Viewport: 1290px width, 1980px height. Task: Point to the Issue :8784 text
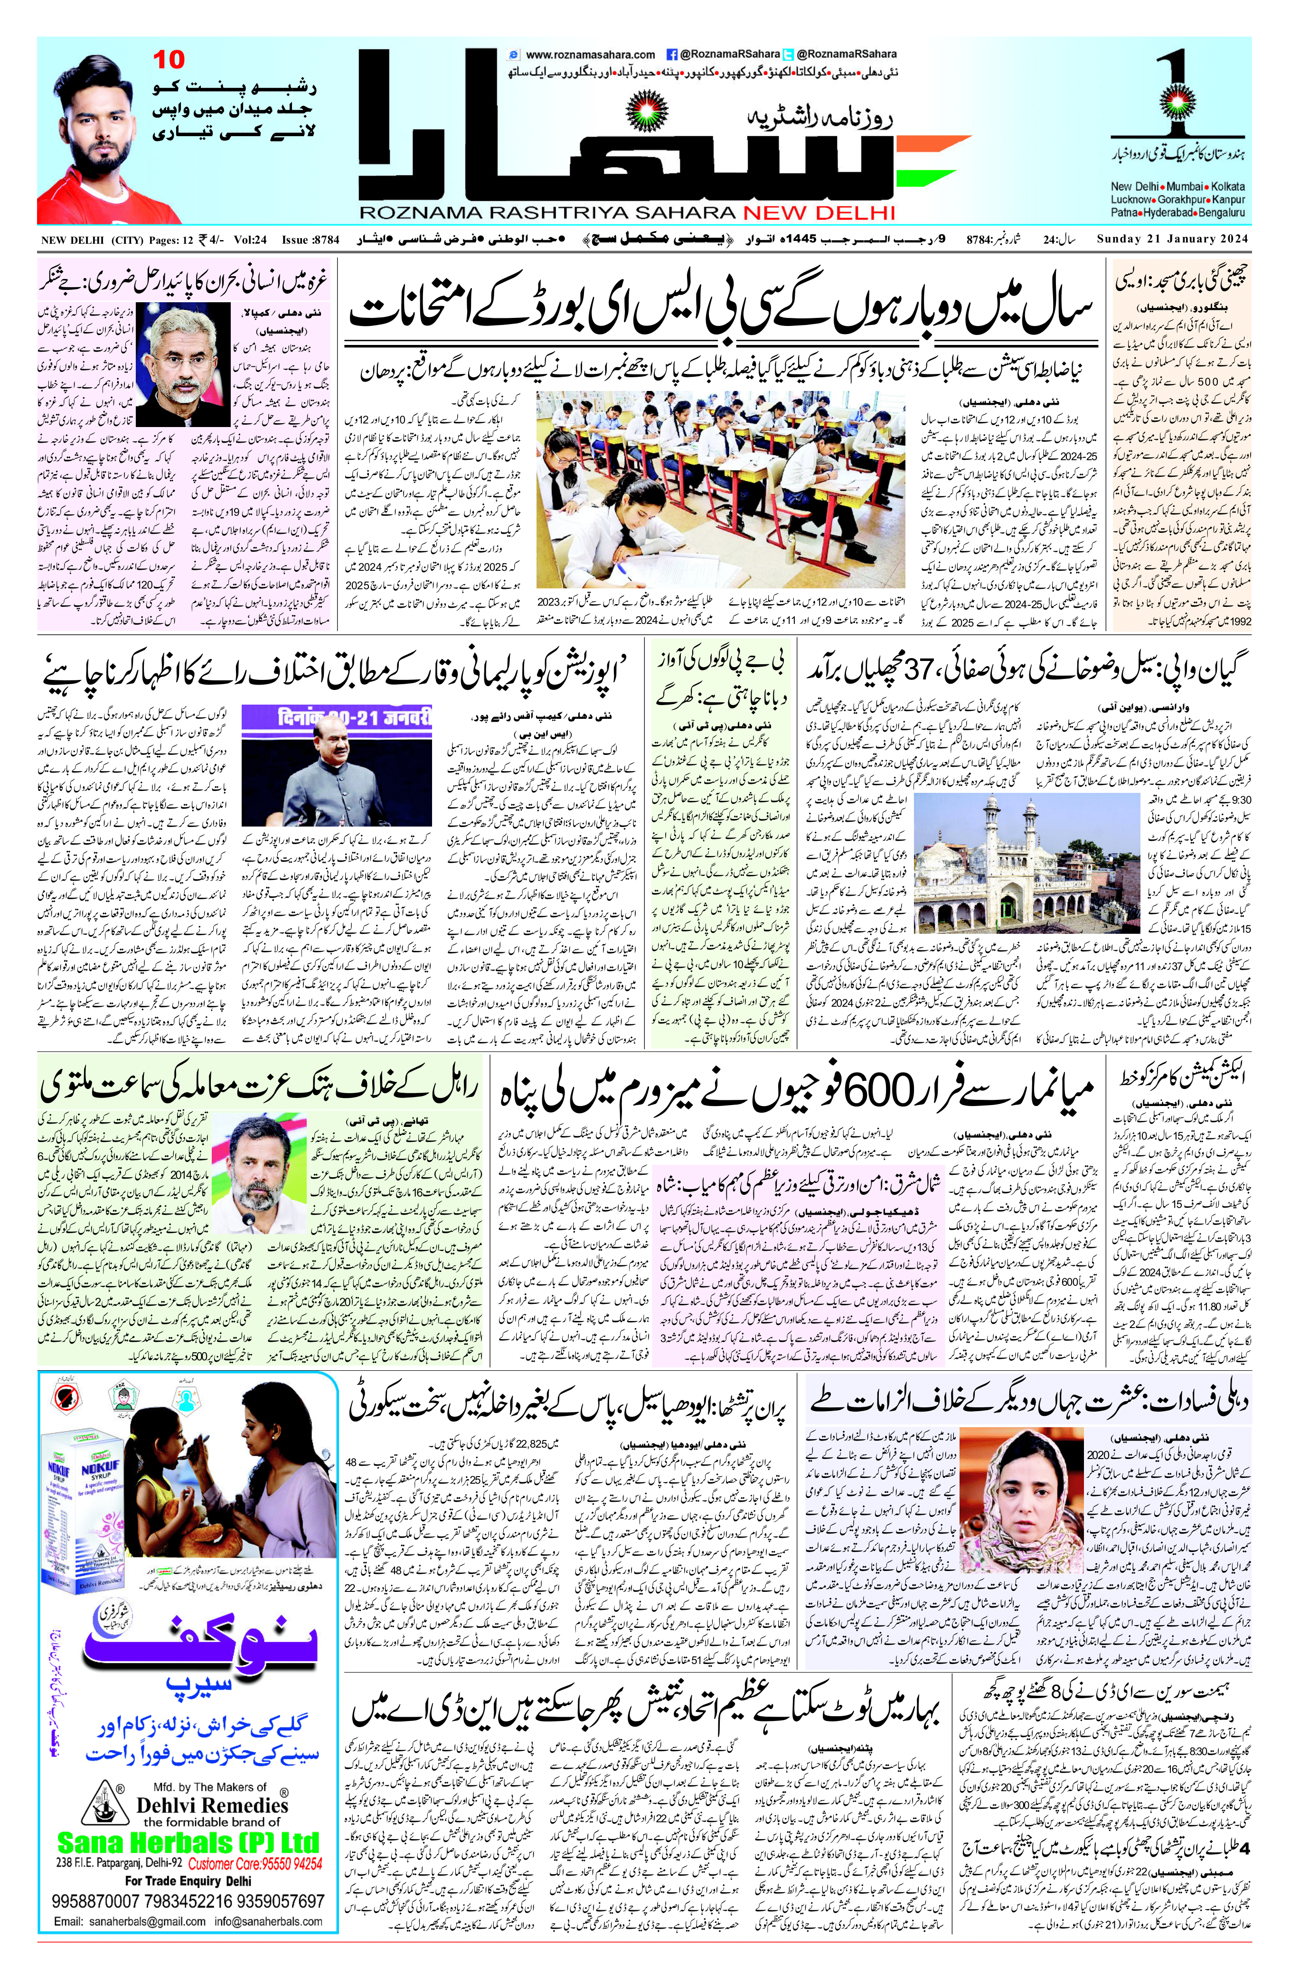click(311, 241)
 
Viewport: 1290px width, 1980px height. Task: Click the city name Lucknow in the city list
click(1131, 200)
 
